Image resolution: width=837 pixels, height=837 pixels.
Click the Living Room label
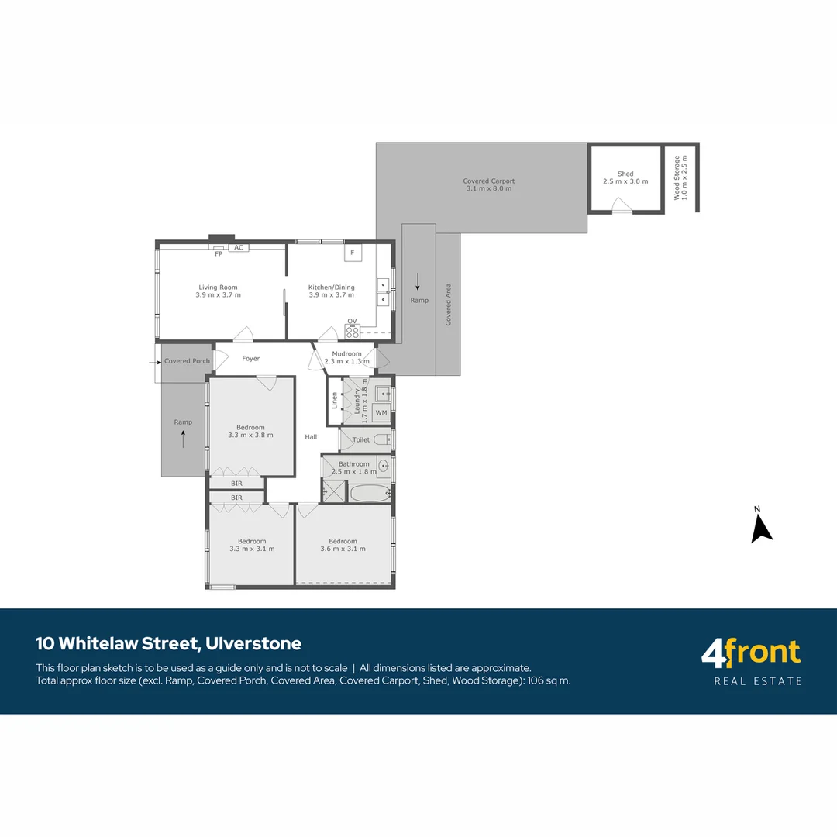pyautogui.click(x=218, y=288)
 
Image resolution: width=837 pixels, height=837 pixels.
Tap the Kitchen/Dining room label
pyautogui.click(x=331, y=288)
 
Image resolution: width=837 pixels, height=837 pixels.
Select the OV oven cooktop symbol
pyautogui.click(x=353, y=332)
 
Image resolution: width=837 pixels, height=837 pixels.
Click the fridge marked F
pyautogui.click(x=353, y=253)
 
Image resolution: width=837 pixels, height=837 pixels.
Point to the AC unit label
pyautogui.click(x=239, y=247)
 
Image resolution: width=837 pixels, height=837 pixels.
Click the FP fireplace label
pyautogui.click(x=219, y=253)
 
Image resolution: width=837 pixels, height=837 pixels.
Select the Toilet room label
pyautogui.click(x=361, y=439)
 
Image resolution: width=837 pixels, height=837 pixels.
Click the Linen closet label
pyautogui.click(x=334, y=401)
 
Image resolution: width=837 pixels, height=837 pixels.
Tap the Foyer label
pyautogui.click(x=251, y=359)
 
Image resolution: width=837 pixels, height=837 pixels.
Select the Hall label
pyautogui.click(x=311, y=436)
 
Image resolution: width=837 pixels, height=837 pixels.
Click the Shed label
pyautogui.click(x=625, y=174)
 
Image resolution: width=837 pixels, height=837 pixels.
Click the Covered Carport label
pyautogui.click(x=489, y=181)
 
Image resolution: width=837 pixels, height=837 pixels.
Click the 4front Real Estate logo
pyautogui.click(x=751, y=661)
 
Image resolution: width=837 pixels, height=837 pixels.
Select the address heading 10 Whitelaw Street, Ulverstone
pyautogui.click(x=169, y=643)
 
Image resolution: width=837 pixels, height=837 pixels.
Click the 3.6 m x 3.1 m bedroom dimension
pyautogui.click(x=343, y=549)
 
